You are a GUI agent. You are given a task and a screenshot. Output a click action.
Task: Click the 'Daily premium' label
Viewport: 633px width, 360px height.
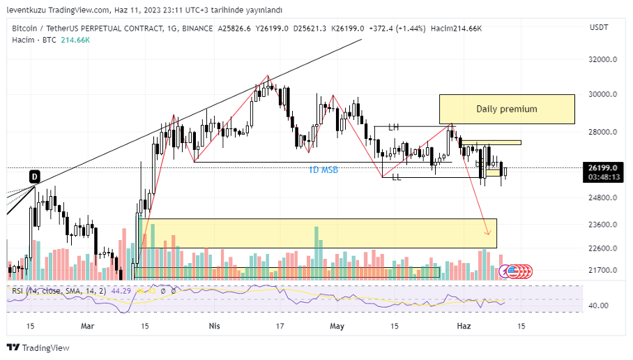tap(507, 109)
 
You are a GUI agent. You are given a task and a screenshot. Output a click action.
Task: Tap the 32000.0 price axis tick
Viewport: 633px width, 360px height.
tap(603, 60)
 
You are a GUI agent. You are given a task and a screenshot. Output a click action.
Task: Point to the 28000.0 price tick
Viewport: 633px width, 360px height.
tap(603, 133)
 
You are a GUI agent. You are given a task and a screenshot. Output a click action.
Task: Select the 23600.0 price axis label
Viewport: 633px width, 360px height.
tap(603, 225)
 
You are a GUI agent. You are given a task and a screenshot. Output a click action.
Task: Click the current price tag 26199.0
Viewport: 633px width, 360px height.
tap(603, 167)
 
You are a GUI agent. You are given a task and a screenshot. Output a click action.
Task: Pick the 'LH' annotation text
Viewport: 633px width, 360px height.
tap(394, 127)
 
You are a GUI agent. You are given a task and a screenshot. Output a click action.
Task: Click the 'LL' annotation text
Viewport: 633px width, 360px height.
tap(396, 178)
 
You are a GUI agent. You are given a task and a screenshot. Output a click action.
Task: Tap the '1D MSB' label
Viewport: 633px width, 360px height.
tap(323, 170)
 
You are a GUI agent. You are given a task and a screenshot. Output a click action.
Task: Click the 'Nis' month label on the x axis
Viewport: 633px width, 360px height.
tap(215, 326)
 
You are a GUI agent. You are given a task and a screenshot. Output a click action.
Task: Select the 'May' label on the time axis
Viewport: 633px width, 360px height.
tap(337, 326)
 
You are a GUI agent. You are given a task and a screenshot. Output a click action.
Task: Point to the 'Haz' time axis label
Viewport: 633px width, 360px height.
tap(464, 326)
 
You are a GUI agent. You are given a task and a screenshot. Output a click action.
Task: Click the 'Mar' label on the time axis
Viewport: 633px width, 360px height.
tap(88, 326)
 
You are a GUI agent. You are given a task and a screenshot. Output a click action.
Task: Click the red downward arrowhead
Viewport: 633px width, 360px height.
tap(488, 232)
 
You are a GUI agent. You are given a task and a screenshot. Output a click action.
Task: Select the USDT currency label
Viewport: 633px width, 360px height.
tap(599, 27)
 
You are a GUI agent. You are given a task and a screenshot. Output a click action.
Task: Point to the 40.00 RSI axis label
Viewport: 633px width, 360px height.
tap(599, 306)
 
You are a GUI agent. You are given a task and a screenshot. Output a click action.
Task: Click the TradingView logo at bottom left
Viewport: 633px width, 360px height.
tap(38, 347)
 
